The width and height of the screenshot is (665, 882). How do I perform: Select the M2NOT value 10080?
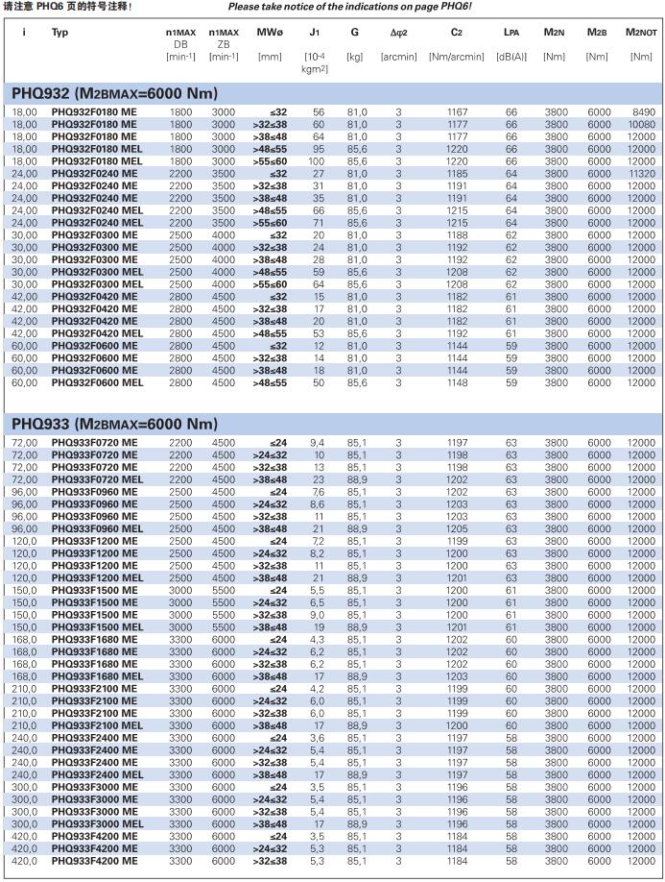[642, 125]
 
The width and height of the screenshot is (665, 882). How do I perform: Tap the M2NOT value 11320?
[642, 174]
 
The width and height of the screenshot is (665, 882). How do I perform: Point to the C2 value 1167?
[457, 112]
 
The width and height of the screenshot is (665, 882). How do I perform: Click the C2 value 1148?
[457, 382]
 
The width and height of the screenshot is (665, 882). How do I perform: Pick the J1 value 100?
[317, 161]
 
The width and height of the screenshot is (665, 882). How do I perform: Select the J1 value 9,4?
[318, 442]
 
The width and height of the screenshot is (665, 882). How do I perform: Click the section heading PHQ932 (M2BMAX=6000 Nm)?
[114, 93]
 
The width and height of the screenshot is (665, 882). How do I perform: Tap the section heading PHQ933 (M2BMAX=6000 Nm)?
[114, 423]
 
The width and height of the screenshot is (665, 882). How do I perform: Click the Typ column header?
[59, 33]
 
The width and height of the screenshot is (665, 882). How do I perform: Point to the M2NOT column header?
[641, 33]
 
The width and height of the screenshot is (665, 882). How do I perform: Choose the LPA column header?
[511, 33]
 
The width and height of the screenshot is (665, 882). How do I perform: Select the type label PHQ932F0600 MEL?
[97, 382]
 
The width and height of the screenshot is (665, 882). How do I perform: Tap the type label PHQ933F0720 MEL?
[97, 479]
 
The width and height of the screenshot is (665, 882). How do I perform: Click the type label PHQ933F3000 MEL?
[97, 824]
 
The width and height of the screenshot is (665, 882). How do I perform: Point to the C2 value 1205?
[457, 528]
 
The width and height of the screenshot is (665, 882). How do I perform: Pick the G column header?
[355, 33]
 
